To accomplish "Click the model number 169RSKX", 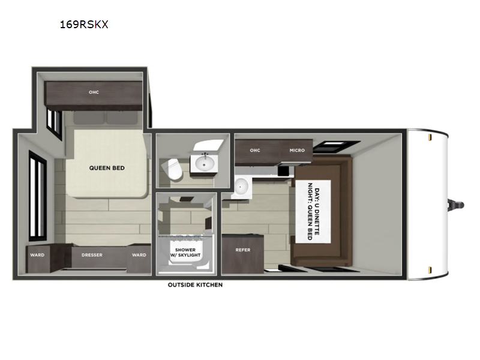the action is pyautogui.click(x=84, y=25).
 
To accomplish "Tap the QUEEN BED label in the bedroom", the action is pyautogui.click(x=107, y=168).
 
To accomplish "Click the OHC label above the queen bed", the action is pyautogui.click(x=94, y=92).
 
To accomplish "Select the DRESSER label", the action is pyautogui.click(x=92, y=255).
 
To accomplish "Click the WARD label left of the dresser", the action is pyautogui.click(x=37, y=255).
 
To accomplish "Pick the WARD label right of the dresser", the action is pyautogui.click(x=139, y=255).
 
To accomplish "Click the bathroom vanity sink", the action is pyautogui.click(x=204, y=163).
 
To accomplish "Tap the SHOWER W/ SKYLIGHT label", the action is pyautogui.click(x=185, y=253).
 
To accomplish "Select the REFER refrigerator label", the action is pyautogui.click(x=243, y=250).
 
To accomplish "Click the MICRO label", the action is pyautogui.click(x=297, y=151).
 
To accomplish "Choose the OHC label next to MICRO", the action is pyautogui.click(x=254, y=151).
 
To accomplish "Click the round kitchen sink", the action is pyautogui.click(x=242, y=186).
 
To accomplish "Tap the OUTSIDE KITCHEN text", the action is pyautogui.click(x=195, y=284).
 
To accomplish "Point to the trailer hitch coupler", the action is pyautogui.click(x=456, y=205).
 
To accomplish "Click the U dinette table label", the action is pyautogui.click(x=313, y=212).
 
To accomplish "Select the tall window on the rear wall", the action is pyautogui.click(x=38, y=196).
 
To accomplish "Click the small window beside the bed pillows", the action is pyautogui.click(x=54, y=124).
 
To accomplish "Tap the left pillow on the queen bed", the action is pyautogui.click(x=89, y=118).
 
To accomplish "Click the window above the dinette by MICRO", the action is pyautogui.click(x=337, y=146).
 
